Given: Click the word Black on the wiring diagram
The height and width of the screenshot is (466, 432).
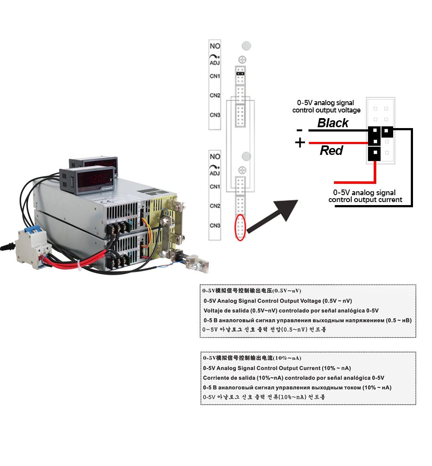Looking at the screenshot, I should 333,123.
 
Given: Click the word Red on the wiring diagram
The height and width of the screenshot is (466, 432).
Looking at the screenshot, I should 331,151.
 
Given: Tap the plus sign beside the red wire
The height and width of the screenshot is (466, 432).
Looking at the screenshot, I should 300,143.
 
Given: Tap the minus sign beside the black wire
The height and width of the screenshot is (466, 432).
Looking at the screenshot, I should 299,130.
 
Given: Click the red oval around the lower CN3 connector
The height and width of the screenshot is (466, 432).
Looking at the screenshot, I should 240,226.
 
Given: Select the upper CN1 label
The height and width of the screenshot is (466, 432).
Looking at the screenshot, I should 215,76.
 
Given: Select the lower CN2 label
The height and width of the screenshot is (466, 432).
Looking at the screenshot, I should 215,206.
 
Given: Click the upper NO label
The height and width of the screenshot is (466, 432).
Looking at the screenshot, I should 215,46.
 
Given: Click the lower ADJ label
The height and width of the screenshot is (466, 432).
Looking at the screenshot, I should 215,174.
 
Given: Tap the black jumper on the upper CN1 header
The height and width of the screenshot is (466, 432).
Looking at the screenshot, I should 240,74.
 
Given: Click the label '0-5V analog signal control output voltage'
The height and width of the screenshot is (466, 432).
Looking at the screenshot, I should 326,106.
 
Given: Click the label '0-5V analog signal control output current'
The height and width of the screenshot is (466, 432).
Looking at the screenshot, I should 365,196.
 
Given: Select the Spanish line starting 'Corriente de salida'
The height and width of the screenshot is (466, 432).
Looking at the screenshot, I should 293,378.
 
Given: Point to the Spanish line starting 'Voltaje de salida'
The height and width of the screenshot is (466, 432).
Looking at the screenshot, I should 291,310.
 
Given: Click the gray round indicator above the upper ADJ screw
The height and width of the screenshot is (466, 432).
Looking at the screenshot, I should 246,46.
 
